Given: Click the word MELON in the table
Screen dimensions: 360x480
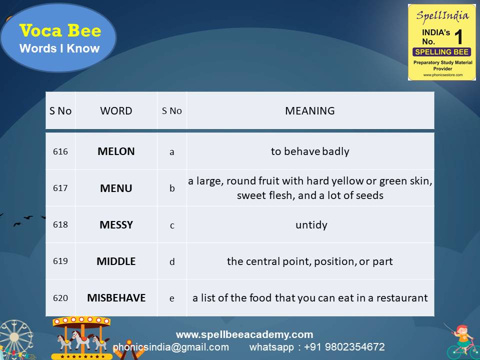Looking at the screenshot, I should pos(116,151).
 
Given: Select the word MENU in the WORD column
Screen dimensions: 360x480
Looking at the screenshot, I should pos(116,188).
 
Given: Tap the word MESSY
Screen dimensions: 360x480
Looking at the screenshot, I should pos(116,225).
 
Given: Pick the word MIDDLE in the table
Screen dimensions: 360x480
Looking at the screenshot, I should pos(116,261).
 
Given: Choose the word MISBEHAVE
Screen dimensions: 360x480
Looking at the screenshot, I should pos(116,298).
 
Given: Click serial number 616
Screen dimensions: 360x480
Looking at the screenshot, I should pos(60,151).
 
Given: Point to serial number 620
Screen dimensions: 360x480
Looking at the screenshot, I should pos(60,298).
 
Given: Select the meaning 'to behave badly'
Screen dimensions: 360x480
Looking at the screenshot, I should pos(310,151).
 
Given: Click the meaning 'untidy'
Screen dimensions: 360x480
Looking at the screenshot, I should pos(311,225).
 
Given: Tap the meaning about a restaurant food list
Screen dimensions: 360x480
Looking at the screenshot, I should pos(310,298).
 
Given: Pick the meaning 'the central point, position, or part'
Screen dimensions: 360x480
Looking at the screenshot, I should pos(310,261).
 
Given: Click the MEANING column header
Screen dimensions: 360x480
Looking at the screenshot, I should pos(310,111).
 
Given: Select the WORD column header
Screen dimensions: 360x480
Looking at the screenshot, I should pos(116,111).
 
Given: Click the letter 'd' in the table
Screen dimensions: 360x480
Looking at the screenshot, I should pos(172,261).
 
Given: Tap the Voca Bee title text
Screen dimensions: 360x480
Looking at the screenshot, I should pos(60,31).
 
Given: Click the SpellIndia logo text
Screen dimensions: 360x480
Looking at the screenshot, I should pos(441,15).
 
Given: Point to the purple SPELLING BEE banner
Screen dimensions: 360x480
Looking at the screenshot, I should pos(441,52).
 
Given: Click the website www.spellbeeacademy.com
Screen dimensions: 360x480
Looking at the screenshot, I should pos(244,334).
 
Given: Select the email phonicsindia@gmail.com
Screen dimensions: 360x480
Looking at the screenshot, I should pos(171,347).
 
